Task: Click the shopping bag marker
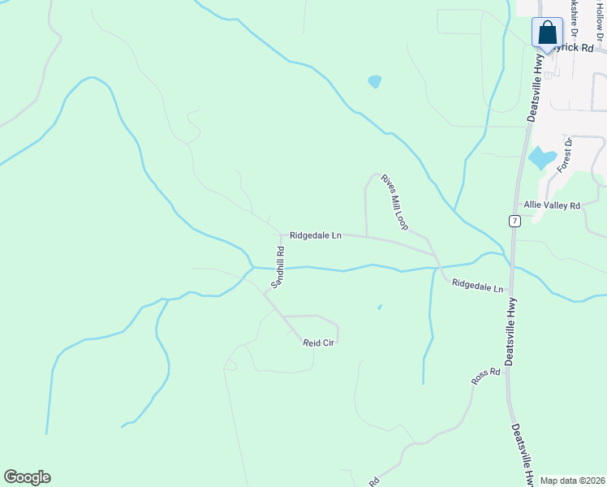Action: [x=548, y=33]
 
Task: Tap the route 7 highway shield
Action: [x=514, y=221]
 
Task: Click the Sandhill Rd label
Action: [x=278, y=268]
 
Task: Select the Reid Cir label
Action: [x=318, y=343]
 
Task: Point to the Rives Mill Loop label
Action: [x=394, y=200]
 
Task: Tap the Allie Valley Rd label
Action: [x=552, y=206]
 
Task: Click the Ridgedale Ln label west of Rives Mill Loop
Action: [x=315, y=235]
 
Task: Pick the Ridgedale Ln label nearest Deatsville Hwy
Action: [x=477, y=286]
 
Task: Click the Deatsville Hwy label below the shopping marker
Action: [x=536, y=86]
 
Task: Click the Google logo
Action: [x=27, y=477]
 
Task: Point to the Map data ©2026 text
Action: [x=572, y=481]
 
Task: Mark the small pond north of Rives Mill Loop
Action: [x=374, y=81]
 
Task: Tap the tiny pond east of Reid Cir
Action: [x=379, y=308]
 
